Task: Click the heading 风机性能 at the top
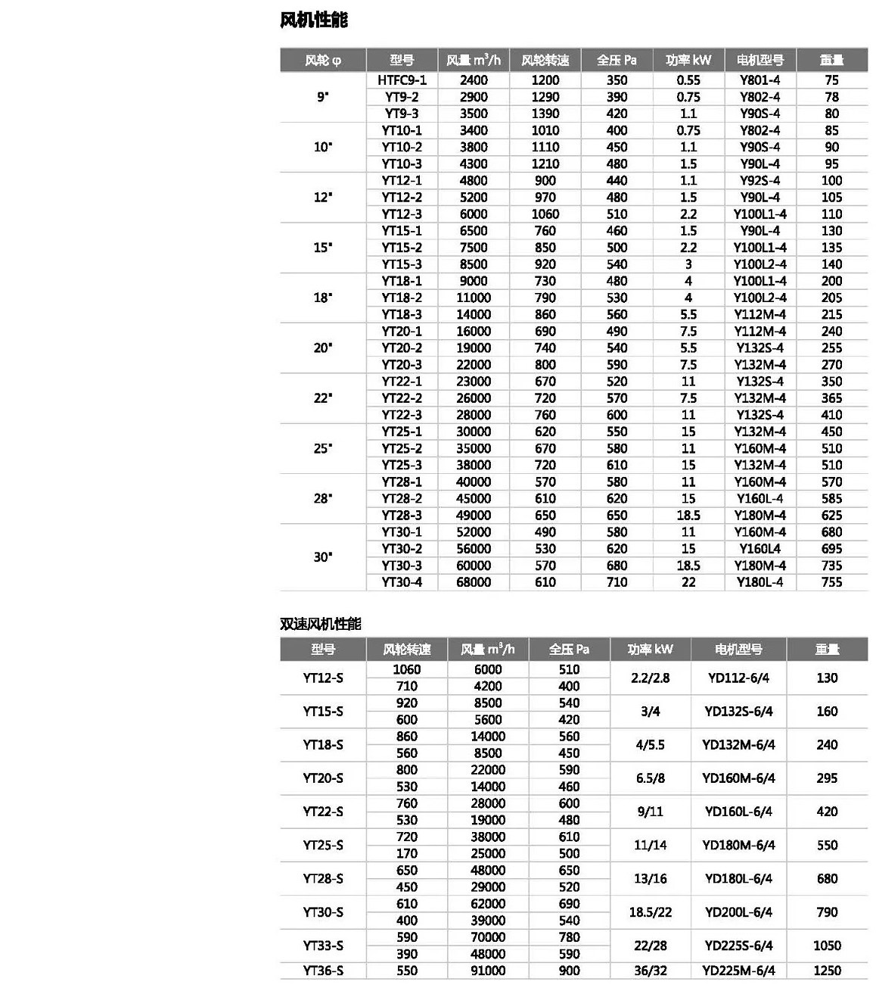313,20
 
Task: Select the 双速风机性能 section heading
320,624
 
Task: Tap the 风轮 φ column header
323,61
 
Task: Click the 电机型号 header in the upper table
760,61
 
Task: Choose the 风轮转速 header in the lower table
406,650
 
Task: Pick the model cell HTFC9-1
402,80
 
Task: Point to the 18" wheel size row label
323,298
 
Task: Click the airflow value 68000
473,582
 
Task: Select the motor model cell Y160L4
760,549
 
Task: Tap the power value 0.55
688,80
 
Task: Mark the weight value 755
831,582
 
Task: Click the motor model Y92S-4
760,181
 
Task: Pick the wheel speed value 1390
545,114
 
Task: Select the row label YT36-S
323,971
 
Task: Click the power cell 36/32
650,971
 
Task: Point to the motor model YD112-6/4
738,678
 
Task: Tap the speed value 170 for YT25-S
406,853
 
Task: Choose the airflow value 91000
487,971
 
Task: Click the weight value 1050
827,946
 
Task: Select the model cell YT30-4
402,582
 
